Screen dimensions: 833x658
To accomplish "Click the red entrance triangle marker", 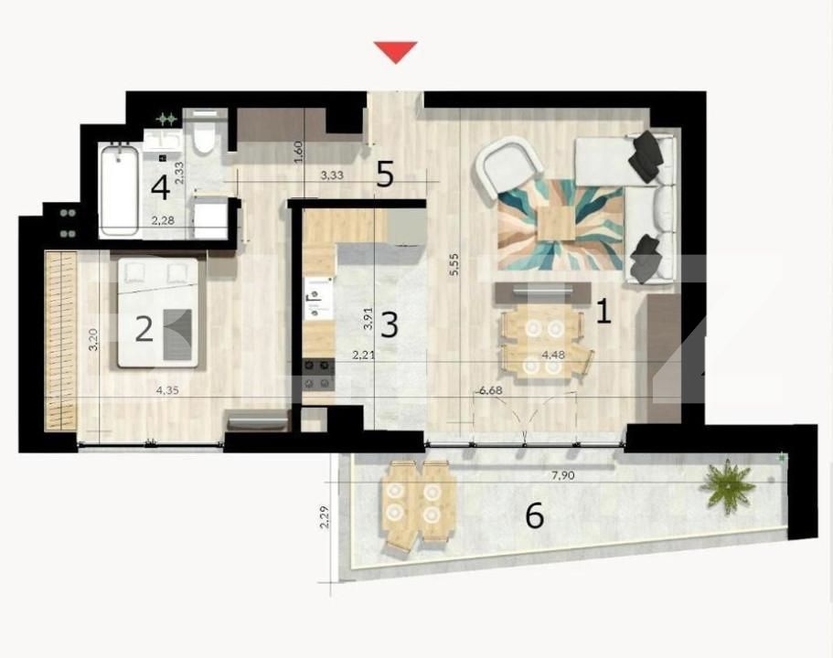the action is (x=395, y=51).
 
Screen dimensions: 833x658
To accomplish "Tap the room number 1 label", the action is (x=604, y=312).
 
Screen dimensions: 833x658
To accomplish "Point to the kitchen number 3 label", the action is (x=390, y=324).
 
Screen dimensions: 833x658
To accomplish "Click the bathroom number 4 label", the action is (x=160, y=187).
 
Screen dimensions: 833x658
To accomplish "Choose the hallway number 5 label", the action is (x=385, y=174).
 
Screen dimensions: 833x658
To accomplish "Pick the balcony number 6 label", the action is (x=534, y=515).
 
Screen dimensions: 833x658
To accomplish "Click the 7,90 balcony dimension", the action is (x=563, y=475).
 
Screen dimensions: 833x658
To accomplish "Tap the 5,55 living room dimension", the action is (x=454, y=264).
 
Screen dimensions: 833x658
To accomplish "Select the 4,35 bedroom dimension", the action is (x=167, y=390).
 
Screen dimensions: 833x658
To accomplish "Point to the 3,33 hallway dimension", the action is (x=332, y=175).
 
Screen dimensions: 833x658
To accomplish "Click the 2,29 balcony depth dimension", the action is (x=325, y=516).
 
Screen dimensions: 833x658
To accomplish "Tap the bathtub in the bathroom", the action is (x=120, y=189).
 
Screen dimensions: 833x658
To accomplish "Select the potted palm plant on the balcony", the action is (x=727, y=486).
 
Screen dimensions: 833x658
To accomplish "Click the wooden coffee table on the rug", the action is (x=556, y=223).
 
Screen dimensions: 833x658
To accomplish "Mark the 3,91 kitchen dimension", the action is (x=368, y=319).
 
